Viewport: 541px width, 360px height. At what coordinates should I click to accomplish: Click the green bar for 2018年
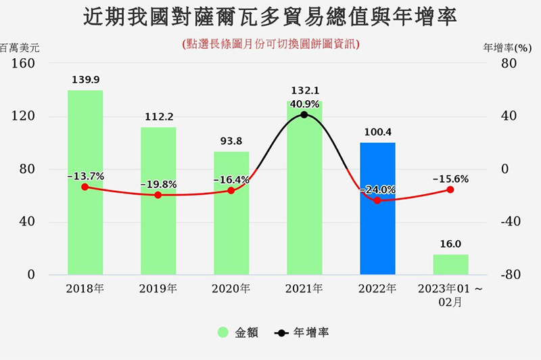pyautogui.click(x=85, y=183)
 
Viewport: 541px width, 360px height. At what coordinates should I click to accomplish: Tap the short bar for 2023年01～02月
pyautogui.click(x=450, y=265)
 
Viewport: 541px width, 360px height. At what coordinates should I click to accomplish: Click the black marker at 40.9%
pyautogui.click(x=304, y=115)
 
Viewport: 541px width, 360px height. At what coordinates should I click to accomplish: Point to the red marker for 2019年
pyautogui.click(x=158, y=195)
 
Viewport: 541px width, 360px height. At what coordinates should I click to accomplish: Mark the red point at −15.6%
pyautogui.click(x=450, y=190)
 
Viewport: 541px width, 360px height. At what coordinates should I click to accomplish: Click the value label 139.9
pyautogui.click(x=85, y=80)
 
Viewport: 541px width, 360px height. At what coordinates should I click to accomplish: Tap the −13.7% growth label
pyautogui.click(x=85, y=176)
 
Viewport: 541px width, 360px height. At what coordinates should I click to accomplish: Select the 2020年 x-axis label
pyautogui.click(x=231, y=289)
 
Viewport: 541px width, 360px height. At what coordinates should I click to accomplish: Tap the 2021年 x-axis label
pyautogui.click(x=304, y=289)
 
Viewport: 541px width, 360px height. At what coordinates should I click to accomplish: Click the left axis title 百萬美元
pyautogui.click(x=20, y=48)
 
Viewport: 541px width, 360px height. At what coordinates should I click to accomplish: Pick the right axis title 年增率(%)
pyautogui.click(x=508, y=48)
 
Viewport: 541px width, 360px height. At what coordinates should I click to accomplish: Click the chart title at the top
pyautogui.click(x=270, y=17)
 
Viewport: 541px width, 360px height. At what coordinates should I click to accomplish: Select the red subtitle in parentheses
pyautogui.click(x=270, y=43)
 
